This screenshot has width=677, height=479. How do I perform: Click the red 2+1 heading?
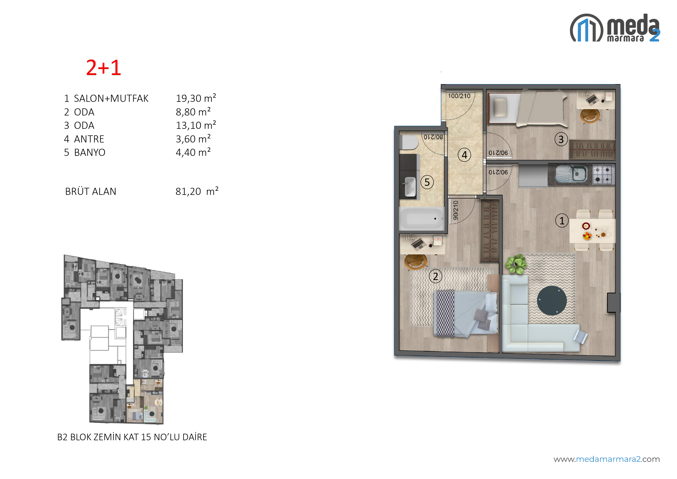click(x=103, y=68)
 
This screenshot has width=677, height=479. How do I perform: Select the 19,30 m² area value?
click(x=196, y=98)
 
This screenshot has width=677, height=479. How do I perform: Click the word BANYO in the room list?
click(x=90, y=153)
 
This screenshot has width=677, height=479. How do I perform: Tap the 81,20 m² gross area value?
click(x=197, y=191)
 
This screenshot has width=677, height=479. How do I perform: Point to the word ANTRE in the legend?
click(x=89, y=139)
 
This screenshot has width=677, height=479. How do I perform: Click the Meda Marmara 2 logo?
click(x=615, y=28)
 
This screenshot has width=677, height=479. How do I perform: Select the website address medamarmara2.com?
click(x=607, y=459)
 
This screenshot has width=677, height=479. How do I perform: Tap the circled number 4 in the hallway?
click(x=464, y=154)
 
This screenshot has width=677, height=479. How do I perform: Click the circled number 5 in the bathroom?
click(x=427, y=182)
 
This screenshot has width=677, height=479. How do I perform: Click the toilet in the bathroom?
click(x=410, y=142)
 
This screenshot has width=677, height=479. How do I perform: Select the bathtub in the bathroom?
click(x=422, y=219)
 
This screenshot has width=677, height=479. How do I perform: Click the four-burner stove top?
click(x=603, y=174)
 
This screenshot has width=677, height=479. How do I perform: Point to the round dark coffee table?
click(x=552, y=300)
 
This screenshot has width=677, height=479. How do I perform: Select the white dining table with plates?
click(x=592, y=231)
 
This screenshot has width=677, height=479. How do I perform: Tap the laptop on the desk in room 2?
click(x=419, y=244)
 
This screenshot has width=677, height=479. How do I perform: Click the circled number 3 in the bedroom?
click(x=561, y=139)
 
